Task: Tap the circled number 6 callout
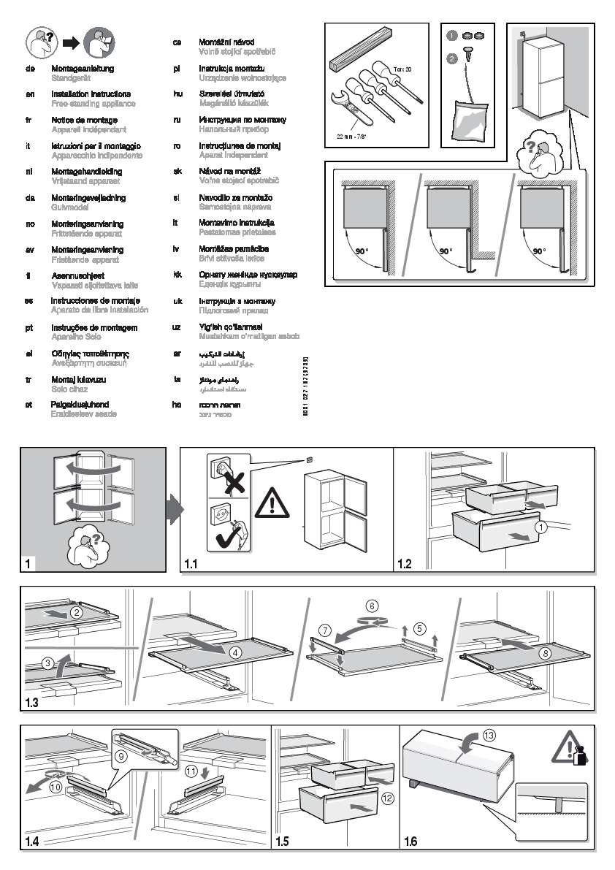pyautogui.click(x=373, y=606)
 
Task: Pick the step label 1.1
pyautogui.click(x=191, y=565)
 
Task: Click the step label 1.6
pyautogui.click(x=410, y=842)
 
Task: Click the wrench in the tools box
pyautogui.click(x=348, y=110)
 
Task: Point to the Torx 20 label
pyautogui.click(x=403, y=69)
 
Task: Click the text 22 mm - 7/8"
pyautogui.click(x=353, y=137)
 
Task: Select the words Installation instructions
pyautogui.click(x=91, y=94)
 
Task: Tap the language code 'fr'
pyautogui.click(x=29, y=120)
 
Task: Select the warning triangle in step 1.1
pyautogui.click(x=273, y=502)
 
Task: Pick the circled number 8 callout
pyautogui.click(x=545, y=653)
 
